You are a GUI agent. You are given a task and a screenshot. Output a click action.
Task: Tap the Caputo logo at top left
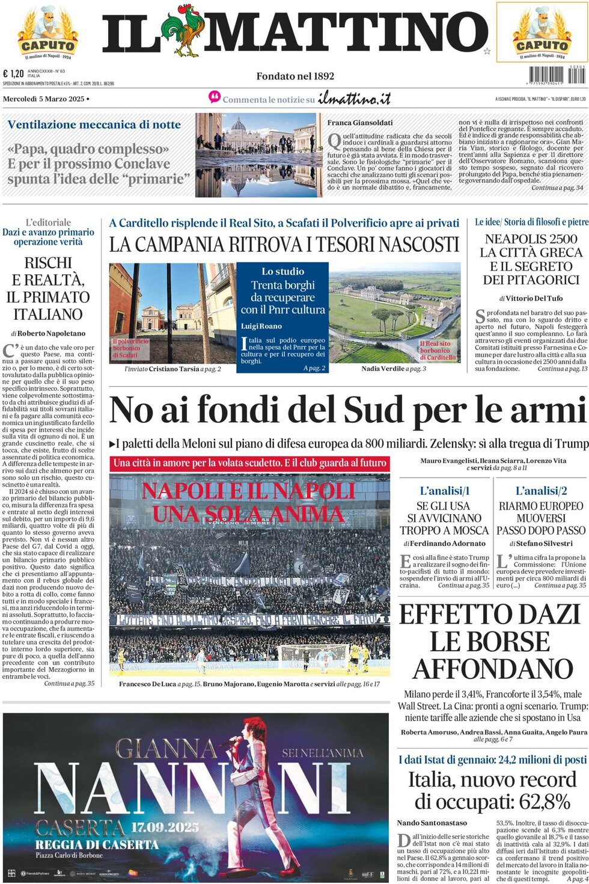tap(47, 33)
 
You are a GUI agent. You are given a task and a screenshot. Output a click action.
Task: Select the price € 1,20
tap(13, 73)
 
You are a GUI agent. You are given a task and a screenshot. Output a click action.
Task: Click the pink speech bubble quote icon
tap(214, 97)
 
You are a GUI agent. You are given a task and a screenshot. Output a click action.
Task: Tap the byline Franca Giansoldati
tap(360, 123)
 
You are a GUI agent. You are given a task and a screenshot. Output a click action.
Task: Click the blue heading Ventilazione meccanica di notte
tap(94, 124)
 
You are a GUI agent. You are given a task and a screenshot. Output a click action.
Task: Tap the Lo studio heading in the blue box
tap(282, 271)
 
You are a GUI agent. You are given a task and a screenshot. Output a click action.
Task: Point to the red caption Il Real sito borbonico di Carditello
tap(438, 350)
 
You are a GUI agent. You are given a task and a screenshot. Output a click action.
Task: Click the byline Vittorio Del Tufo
tap(534, 298)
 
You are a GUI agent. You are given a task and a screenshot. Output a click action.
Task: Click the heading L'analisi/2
tap(541, 491)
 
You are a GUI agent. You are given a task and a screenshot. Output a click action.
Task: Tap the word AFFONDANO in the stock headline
tap(493, 669)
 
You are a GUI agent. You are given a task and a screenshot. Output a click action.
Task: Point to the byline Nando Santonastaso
tap(432, 823)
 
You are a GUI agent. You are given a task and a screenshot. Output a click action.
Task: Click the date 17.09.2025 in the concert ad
tap(165, 827)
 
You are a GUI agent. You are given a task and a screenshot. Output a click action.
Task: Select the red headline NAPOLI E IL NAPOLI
tap(248, 491)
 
